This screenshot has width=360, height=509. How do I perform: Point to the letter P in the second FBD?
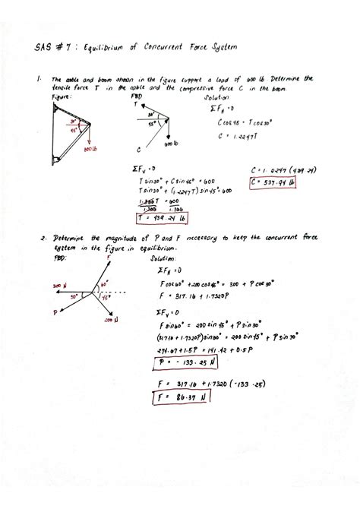click(55, 312)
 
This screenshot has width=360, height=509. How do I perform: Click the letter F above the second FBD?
click(111, 258)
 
